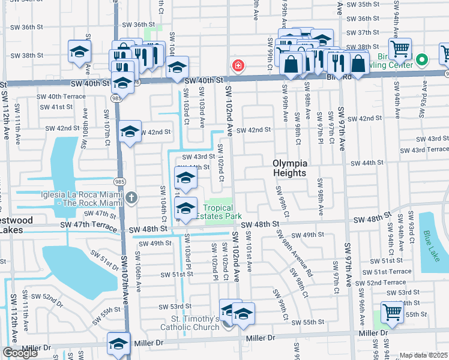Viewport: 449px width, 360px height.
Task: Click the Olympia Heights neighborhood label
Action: coord(290,168)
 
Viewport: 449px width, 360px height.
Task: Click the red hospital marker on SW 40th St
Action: coord(238,65)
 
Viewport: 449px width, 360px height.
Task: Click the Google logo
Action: coord(20,353)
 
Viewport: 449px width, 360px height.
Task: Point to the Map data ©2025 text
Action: coord(424,355)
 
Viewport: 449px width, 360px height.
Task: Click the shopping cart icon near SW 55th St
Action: coord(392,312)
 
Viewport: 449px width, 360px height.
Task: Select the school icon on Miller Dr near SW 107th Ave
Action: coord(119,343)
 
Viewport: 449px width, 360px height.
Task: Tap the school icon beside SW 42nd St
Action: coord(129,133)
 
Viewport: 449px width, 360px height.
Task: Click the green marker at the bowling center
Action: coord(421,60)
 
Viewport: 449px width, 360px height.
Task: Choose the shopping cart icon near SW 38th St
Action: coord(400,48)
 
